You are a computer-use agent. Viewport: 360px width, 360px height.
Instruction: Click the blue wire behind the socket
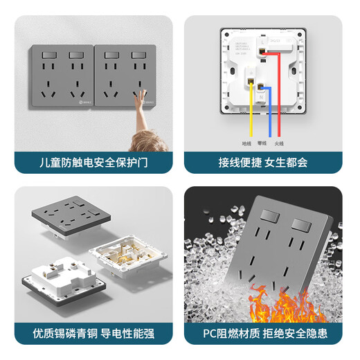click(x=262, y=118)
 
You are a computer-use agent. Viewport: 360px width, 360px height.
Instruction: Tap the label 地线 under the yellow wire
click(x=246, y=143)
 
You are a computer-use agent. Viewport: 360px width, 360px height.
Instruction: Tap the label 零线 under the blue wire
click(x=262, y=143)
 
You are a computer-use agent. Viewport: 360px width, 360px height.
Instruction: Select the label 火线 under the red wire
click(x=279, y=143)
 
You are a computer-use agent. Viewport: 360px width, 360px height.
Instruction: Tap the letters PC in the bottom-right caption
click(x=210, y=334)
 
